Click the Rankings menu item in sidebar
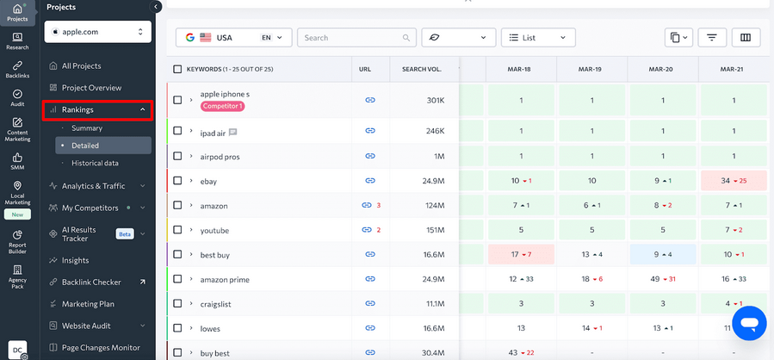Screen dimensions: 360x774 [x=96, y=109]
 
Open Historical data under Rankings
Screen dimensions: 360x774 [x=95, y=163]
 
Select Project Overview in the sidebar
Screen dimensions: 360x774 [x=91, y=88]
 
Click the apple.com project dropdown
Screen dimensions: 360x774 [x=97, y=32]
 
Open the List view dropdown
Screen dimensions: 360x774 [x=538, y=38]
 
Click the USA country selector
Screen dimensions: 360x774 [x=233, y=38]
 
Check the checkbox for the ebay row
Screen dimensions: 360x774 [x=177, y=181]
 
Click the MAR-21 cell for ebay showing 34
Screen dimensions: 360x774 [x=734, y=181]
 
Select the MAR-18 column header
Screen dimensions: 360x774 [x=520, y=69]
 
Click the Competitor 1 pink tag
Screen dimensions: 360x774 [x=223, y=106]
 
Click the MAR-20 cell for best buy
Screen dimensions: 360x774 [x=661, y=254]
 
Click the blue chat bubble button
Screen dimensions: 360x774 [x=748, y=323]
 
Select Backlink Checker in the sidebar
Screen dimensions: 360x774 [x=91, y=282]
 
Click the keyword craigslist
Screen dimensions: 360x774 [x=219, y=304]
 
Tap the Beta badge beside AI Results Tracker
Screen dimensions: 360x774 [x=125, y=233]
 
